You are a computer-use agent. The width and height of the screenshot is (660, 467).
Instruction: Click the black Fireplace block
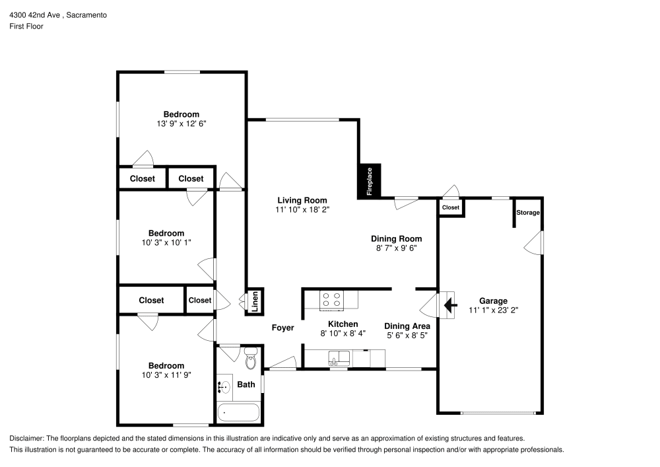(370, 180)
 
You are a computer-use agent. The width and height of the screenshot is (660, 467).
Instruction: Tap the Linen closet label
(254, 301)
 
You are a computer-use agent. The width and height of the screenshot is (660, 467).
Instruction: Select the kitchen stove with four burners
(331, 300)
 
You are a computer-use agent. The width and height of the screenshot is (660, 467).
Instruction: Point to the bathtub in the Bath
(238, 413)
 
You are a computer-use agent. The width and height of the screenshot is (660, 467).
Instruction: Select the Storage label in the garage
(528, 213)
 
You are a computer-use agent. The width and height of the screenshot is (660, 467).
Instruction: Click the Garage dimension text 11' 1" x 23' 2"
(493, 310)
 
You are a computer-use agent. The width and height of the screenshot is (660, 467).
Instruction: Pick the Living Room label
(302, 200)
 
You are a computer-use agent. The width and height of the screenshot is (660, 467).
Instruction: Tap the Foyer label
(282, 328)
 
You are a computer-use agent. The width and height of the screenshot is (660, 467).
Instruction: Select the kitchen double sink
(340, 358)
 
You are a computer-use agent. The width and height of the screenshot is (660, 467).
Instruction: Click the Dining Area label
(407, 326)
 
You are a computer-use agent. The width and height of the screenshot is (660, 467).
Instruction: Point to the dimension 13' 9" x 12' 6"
(181, 124)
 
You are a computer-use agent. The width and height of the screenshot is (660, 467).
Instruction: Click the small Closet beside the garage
(451, 207)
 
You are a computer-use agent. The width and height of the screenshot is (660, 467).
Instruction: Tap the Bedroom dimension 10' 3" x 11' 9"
(166, 375)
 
